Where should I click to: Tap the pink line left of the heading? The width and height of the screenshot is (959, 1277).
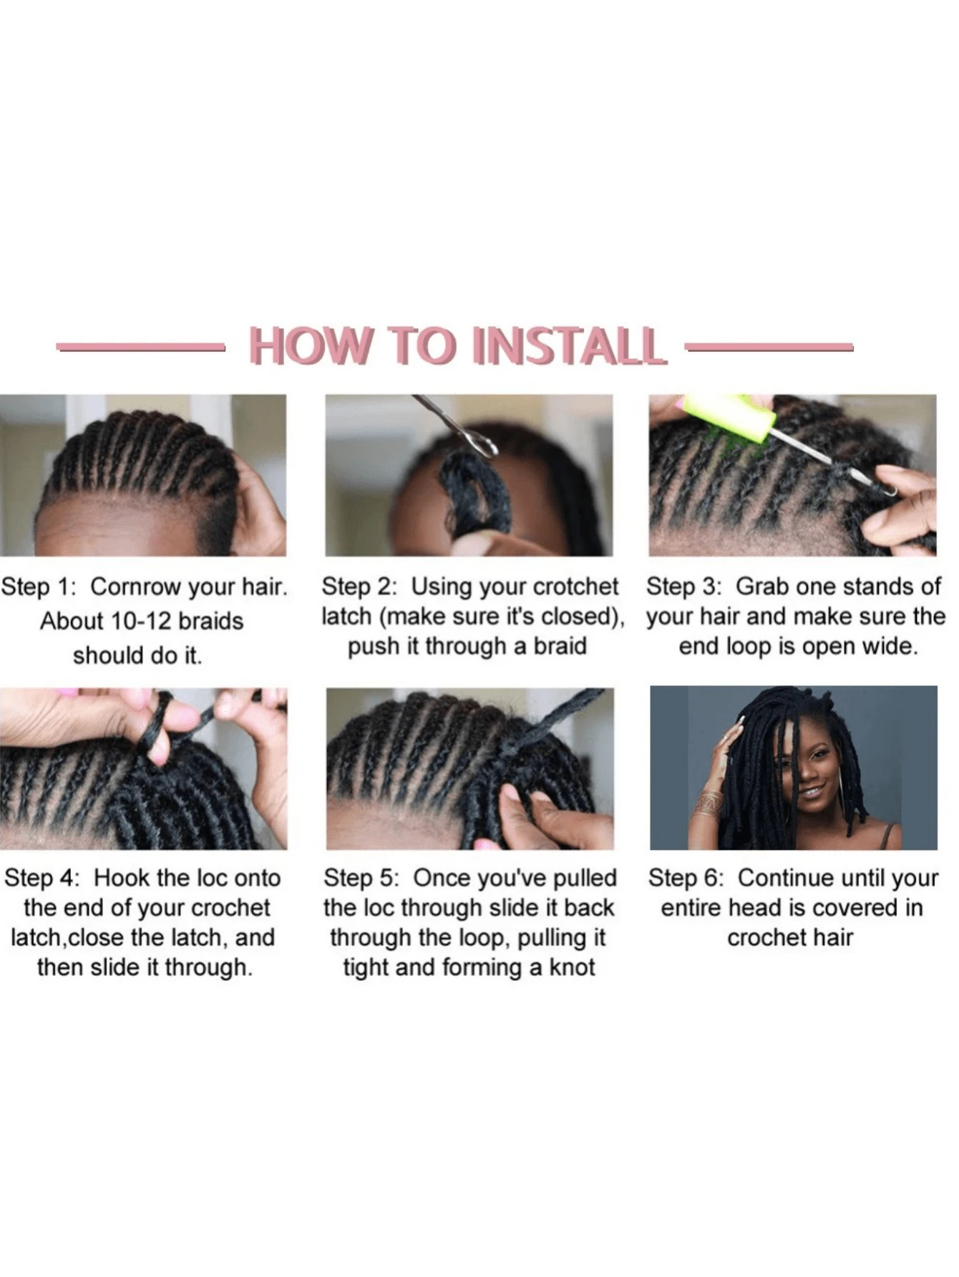(x=141, y=348)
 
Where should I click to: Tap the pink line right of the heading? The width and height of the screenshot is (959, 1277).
(x=769, y=348)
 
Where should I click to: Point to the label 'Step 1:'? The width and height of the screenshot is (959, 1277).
(x=38, y=587)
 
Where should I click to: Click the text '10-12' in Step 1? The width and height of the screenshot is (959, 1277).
(x=137, y=621)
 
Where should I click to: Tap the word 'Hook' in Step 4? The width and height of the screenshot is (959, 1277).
(x=121, y=878)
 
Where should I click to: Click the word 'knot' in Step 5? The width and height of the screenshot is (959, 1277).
(x=572, y=967)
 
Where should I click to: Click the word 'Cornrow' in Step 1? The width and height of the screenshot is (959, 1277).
(x=135, y=587)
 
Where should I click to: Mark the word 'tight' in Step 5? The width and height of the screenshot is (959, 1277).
(x=366, y=968)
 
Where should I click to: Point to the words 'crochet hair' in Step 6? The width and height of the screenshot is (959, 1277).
(x=790, y=938)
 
